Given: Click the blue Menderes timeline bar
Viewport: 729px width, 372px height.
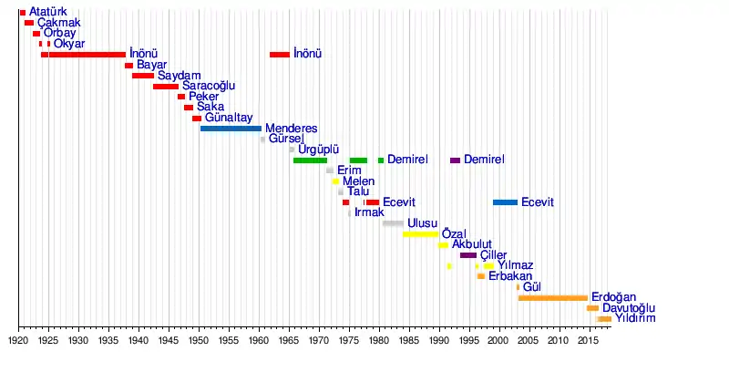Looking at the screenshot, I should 231,129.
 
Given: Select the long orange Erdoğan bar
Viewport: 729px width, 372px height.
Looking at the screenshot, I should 552,298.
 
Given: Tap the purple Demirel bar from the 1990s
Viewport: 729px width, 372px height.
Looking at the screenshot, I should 455,160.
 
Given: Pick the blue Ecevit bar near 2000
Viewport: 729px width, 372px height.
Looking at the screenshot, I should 505,202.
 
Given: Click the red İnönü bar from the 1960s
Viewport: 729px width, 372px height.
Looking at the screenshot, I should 279,55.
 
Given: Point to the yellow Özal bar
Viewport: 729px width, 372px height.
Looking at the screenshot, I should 420,234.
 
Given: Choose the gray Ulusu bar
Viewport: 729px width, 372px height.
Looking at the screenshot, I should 393,223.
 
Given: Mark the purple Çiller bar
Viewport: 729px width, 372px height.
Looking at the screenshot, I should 467,255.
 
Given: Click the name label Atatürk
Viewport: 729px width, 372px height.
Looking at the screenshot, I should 48,12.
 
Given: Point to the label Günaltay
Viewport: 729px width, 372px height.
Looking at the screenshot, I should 229,119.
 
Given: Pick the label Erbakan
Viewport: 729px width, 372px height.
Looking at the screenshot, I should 509,276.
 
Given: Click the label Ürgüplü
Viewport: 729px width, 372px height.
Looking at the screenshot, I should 318,150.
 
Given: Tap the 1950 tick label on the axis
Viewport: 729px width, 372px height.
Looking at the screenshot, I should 199,340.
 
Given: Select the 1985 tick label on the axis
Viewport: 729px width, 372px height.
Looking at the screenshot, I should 408,340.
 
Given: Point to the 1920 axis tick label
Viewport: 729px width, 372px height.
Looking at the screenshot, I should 18,340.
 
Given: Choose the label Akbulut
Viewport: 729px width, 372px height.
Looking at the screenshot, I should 472,244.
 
